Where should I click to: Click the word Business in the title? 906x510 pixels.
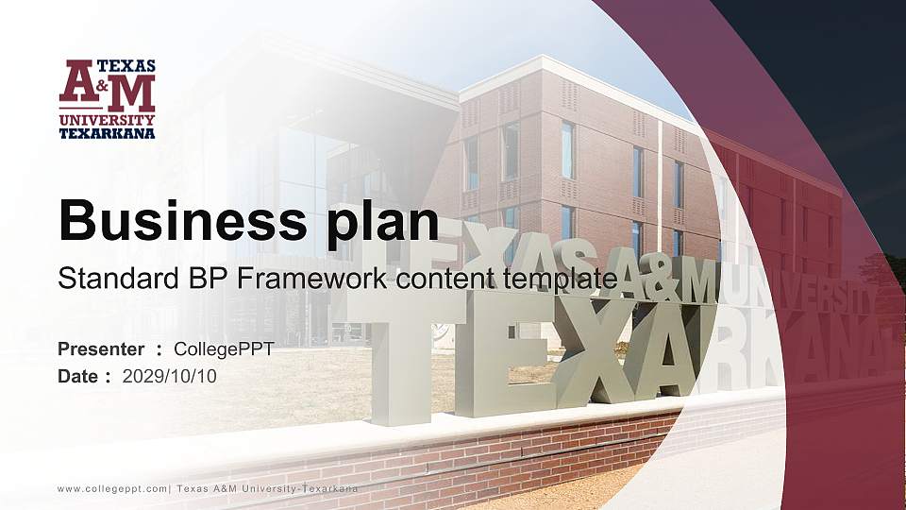176,221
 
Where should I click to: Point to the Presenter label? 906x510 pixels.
101,349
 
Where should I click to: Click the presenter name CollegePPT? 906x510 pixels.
224,349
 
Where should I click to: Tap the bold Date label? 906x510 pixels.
79,376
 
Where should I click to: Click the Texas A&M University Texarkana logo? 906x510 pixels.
107,98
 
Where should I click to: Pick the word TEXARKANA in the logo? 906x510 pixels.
107,133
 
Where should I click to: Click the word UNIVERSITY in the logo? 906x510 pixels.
107,121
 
